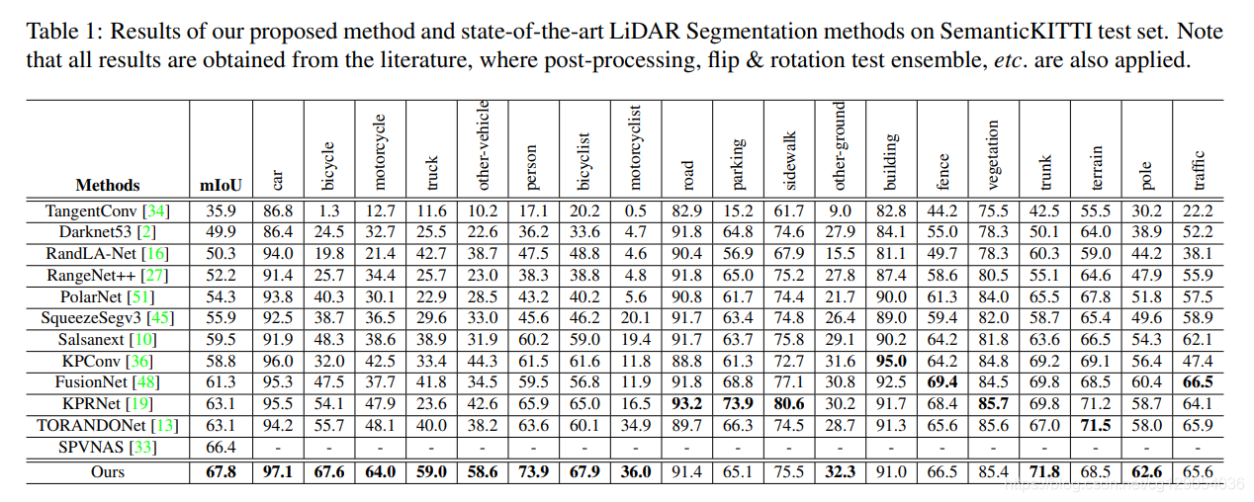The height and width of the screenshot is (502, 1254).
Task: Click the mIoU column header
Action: click(221, 185)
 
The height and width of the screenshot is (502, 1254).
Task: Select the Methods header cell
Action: click(108, 185)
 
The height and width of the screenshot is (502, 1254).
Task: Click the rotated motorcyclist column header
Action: click(635, 147)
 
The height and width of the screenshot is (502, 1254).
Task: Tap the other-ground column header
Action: click(840, 145)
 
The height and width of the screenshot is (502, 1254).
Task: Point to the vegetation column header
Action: click(993, 155)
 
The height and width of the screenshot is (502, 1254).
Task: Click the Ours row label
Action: click(107, 471)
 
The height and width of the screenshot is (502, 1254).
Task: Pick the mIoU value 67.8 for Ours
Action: click(221, 471)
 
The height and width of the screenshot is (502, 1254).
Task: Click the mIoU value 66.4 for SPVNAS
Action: click(221, 448)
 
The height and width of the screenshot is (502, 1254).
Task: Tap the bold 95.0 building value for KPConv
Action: click(890, 362)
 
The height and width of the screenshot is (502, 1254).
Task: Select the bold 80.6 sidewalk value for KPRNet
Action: click(788, 404)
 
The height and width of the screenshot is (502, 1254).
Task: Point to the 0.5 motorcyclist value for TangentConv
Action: click(635, 210)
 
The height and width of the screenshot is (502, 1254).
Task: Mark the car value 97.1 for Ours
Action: click(278, 471)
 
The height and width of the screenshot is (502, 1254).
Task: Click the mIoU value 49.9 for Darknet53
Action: click(221, 232)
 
